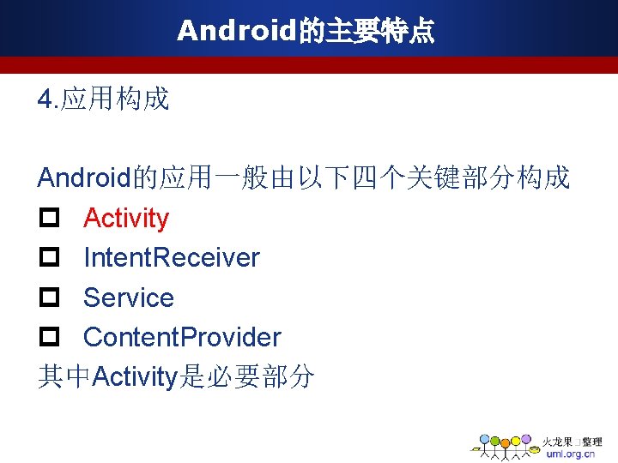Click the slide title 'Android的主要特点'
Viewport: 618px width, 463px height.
306,32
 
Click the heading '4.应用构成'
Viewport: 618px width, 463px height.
103,100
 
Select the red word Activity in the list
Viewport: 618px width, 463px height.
126,219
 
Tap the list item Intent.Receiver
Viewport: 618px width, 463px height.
172,258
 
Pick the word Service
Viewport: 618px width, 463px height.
129,298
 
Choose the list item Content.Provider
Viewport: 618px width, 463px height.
182,337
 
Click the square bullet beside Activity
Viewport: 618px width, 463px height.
48,219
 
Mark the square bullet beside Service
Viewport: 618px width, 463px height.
48,298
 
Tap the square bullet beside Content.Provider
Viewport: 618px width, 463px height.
48,338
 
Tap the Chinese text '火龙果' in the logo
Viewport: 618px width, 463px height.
557,442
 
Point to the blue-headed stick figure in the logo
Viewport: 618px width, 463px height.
484,440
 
